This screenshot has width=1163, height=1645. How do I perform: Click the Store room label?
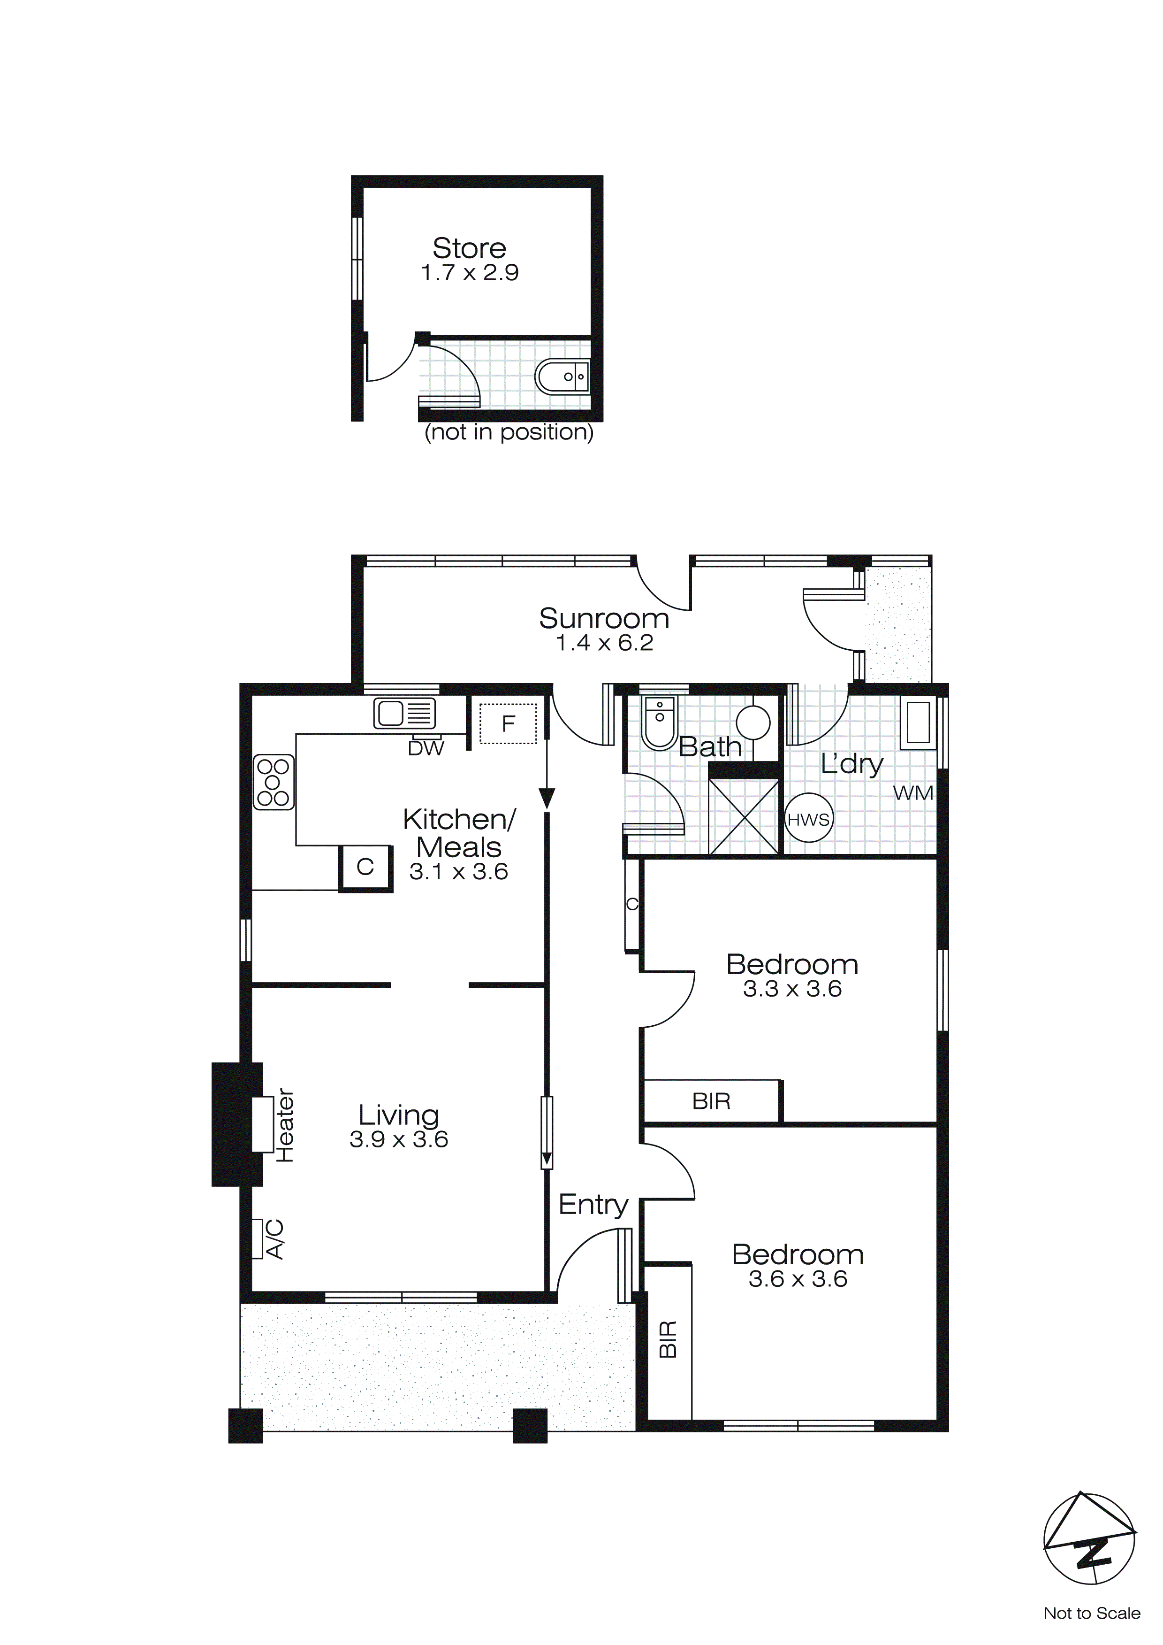pos(469,249)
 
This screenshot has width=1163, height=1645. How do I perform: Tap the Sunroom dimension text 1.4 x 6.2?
pos(604,643)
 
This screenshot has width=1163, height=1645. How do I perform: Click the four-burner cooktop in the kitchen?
pos(274,783)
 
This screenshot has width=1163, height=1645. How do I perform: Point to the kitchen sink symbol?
pos(404,714)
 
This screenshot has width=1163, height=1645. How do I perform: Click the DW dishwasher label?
pos(426,749)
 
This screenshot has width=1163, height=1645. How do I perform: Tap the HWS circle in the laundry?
pos(808,819)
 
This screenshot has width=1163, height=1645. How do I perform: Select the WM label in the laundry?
pos(913,793)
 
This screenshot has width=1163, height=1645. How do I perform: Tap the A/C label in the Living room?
pos(274,1239)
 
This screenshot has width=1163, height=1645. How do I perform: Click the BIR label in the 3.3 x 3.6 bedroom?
pos(711,1101)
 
